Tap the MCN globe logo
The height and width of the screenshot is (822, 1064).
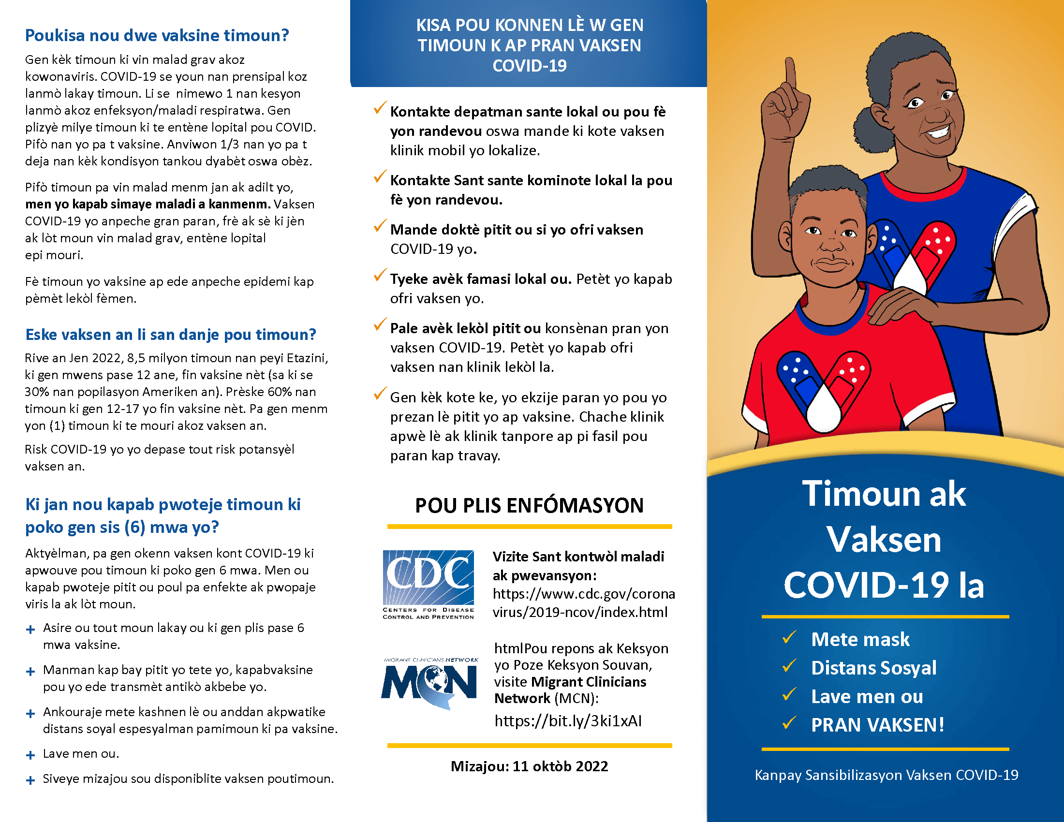pos(429,683)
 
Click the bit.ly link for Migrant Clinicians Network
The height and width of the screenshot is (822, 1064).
pos(568,720)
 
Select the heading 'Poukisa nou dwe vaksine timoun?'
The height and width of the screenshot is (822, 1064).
pos(157,36)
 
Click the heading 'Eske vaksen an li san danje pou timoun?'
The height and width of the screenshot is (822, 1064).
pos(171,335)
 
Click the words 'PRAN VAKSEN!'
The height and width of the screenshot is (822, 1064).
pos(877,725)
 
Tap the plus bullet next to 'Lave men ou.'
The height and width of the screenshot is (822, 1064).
pos(30,755)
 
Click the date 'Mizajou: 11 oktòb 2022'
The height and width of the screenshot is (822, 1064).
pos(529,766)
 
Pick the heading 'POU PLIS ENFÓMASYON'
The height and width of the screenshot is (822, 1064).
pos(529,505)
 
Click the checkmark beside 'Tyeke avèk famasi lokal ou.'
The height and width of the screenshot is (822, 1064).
pos(380,275)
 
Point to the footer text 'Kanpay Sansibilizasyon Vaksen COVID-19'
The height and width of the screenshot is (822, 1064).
pos(886,775)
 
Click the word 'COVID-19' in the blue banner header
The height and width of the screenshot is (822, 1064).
pos(529,66)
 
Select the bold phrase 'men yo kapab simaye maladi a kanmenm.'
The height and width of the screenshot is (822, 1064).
pos(148,204)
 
